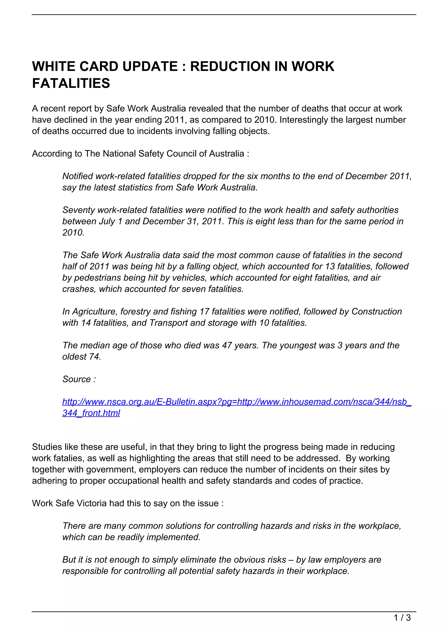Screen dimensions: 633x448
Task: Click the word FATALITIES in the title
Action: pyautogui.click(x=71, y=83)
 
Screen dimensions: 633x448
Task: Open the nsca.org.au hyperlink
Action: pyautogui.click(x=237, y=402)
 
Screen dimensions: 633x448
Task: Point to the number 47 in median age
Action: pyautogui.click(x=227, y=345)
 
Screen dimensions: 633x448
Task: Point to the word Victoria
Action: pyautogui.click(x=91, y=503)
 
